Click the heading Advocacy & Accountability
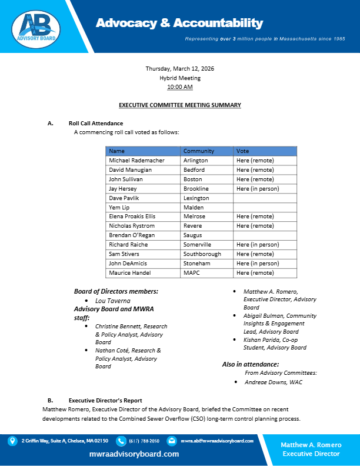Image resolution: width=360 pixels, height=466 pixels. [x=179, y=24]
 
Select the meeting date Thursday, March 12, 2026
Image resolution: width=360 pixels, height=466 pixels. [x=180, y=69]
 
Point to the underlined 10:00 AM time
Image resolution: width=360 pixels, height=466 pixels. [x=180, y=86]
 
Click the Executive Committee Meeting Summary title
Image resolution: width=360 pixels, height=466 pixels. [x=180, y=105]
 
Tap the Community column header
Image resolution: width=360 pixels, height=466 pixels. [x=198, y=151]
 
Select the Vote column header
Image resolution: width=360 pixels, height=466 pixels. [x=242, y=151]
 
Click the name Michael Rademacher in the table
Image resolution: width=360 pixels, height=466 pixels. [x=136, y=161]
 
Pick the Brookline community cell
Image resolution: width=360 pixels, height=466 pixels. [x=196, y=189]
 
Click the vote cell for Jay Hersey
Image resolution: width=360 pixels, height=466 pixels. [x=258, y=189]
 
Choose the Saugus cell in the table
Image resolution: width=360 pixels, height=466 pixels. [x=192, y=235]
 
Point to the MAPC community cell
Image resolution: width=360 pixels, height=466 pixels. [x=192, y=274]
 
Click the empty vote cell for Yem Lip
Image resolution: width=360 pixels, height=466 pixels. [x=265, y=208]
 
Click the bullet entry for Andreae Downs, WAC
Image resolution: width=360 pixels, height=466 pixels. [x=269, y=382]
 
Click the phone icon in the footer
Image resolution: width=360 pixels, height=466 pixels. [x=121, y=441]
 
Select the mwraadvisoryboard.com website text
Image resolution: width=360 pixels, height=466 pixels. [x=134, y=454]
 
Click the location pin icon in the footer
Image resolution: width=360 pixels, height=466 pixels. [x=12, y=441]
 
